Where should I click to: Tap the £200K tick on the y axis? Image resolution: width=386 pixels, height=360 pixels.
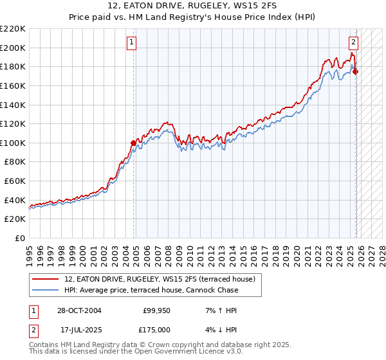(12, 48)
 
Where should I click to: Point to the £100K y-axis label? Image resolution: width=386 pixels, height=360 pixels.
(12, 143)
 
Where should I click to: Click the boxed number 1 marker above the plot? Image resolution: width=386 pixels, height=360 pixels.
(131, 43)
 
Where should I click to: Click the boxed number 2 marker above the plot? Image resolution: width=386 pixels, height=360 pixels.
(354, 43)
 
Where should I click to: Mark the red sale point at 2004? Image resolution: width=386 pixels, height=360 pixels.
(133, 143)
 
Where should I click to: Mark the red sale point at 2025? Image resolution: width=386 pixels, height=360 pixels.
(356, 71)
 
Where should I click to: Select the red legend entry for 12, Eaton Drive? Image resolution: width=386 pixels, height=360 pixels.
(160, 279)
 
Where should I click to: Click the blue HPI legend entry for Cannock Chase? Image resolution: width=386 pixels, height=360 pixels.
(151, 290)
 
